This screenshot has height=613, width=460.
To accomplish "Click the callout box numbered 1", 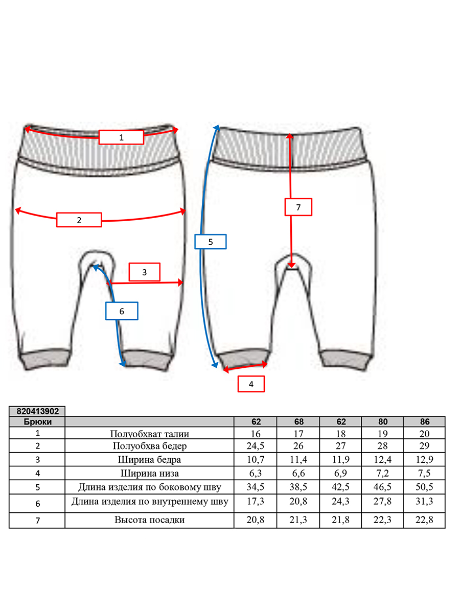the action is (x=121, y=137).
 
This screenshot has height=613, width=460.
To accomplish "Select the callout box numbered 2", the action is (x=79, y=220).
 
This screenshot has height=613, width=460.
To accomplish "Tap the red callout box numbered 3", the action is (x=145, y=272).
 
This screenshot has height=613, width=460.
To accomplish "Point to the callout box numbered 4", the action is (x=251, y=384).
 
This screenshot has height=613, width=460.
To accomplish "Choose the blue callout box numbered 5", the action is (x=211, y=242).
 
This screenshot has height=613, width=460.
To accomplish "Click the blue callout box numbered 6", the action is (x=122, y=311).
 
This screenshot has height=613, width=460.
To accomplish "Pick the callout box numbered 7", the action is (x=298, y=207).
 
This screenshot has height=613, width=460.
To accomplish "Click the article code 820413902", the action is (x=37, y=411).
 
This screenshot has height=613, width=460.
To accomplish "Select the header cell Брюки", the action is (x=37, y=422).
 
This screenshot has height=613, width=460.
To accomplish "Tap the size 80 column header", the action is (x=383, y=422).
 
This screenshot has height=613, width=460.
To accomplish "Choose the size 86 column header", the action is (x=425, y=422).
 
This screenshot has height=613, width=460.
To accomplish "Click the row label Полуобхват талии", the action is (x=149, y=434).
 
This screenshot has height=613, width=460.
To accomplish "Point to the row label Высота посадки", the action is (x=149, y=520).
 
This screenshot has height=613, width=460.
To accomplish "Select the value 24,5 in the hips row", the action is (x=255, y=446).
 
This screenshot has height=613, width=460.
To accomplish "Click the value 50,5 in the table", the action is (x=424, y=487).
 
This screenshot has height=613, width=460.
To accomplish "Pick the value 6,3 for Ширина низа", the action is (x=255, y=474).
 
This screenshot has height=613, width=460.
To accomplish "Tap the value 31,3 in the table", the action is (x=424, y=501).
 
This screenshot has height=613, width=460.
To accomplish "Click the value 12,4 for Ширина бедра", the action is (x=382, y=460).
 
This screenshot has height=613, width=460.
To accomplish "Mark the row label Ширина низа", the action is (x=149, y=474).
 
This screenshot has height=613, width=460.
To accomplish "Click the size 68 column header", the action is (x=298, y=422).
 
